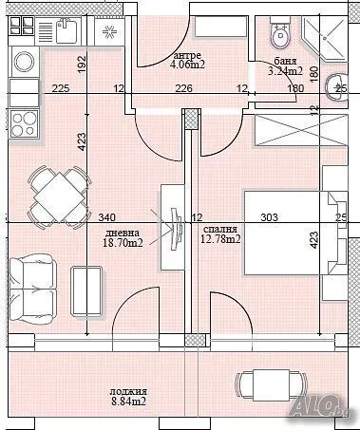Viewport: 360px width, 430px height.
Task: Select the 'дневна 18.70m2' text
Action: click(x=123, y=238)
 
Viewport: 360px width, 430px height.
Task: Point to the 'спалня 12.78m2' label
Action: click(x=221, y=234)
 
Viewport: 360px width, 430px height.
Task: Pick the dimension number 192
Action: click(x=82, y=65)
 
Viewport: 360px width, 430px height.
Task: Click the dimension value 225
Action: click(x=61, y=89)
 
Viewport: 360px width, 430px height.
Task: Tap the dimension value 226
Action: click(x=185, y=89)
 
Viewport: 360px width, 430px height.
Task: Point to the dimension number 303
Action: click(x=269, y=217)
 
